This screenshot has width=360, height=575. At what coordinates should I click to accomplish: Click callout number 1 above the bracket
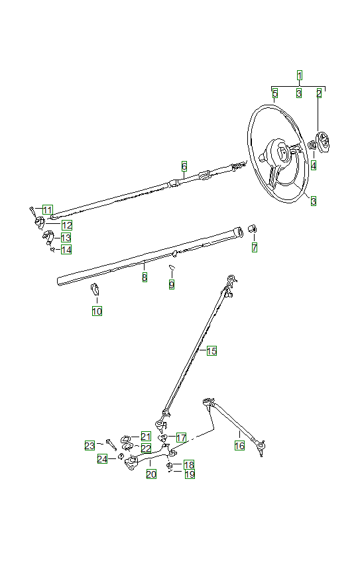click(300, 76)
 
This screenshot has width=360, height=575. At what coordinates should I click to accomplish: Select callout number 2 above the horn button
click(319, 93)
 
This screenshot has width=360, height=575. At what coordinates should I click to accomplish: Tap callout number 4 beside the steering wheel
click(314, 165)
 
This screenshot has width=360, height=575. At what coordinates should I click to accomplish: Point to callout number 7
click(254, 248)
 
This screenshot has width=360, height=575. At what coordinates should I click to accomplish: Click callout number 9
click(172, 284)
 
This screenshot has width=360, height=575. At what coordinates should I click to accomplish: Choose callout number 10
click(97, 311)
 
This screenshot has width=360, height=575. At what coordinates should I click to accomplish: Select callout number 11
click(48, 211)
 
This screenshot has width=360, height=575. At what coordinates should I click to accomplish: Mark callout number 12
click(67, 225)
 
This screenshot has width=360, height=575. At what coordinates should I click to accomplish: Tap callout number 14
click(66, 250)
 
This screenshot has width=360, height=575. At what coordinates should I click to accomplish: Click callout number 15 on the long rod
click(211, 351)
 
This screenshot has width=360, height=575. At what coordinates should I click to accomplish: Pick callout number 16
click(239, 446)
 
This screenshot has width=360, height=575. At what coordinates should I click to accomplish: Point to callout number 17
click(181, 438)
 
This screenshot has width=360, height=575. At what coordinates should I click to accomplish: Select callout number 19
click(190, 474)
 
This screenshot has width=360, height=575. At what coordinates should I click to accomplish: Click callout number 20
click(151, 474)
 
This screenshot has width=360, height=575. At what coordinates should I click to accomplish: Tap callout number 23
click(90, 446)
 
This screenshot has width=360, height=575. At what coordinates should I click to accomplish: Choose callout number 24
click(102, 459)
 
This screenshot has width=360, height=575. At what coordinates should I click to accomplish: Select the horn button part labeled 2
click(323, 142)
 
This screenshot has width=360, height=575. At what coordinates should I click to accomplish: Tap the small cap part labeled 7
click(253, 229)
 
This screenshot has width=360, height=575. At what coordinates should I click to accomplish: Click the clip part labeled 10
click(94, 288)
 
